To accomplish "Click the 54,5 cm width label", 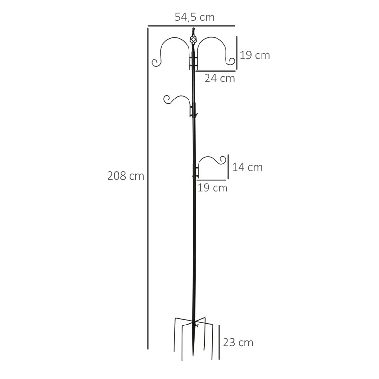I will [195, 18].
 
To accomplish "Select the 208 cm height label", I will [126, 176].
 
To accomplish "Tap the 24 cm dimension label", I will [219, 79].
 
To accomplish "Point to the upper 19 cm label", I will [255, 55].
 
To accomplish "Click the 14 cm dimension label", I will [247, 167].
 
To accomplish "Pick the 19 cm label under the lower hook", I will [212, 188].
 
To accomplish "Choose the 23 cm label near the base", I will [238, 343].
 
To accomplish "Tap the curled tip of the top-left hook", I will [155, 62].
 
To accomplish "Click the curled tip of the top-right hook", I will [231, 61].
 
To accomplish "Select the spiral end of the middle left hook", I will [167, 99].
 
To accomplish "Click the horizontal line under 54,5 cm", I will [191, 26].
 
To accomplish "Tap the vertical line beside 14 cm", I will [228, 167].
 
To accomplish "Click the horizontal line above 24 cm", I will [216, 71].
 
